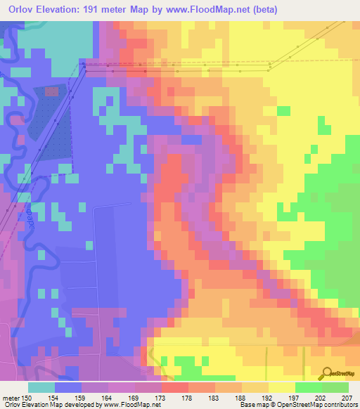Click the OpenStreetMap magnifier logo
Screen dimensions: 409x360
click(327, 372)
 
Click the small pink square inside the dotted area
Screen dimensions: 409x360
click(52, 91)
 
